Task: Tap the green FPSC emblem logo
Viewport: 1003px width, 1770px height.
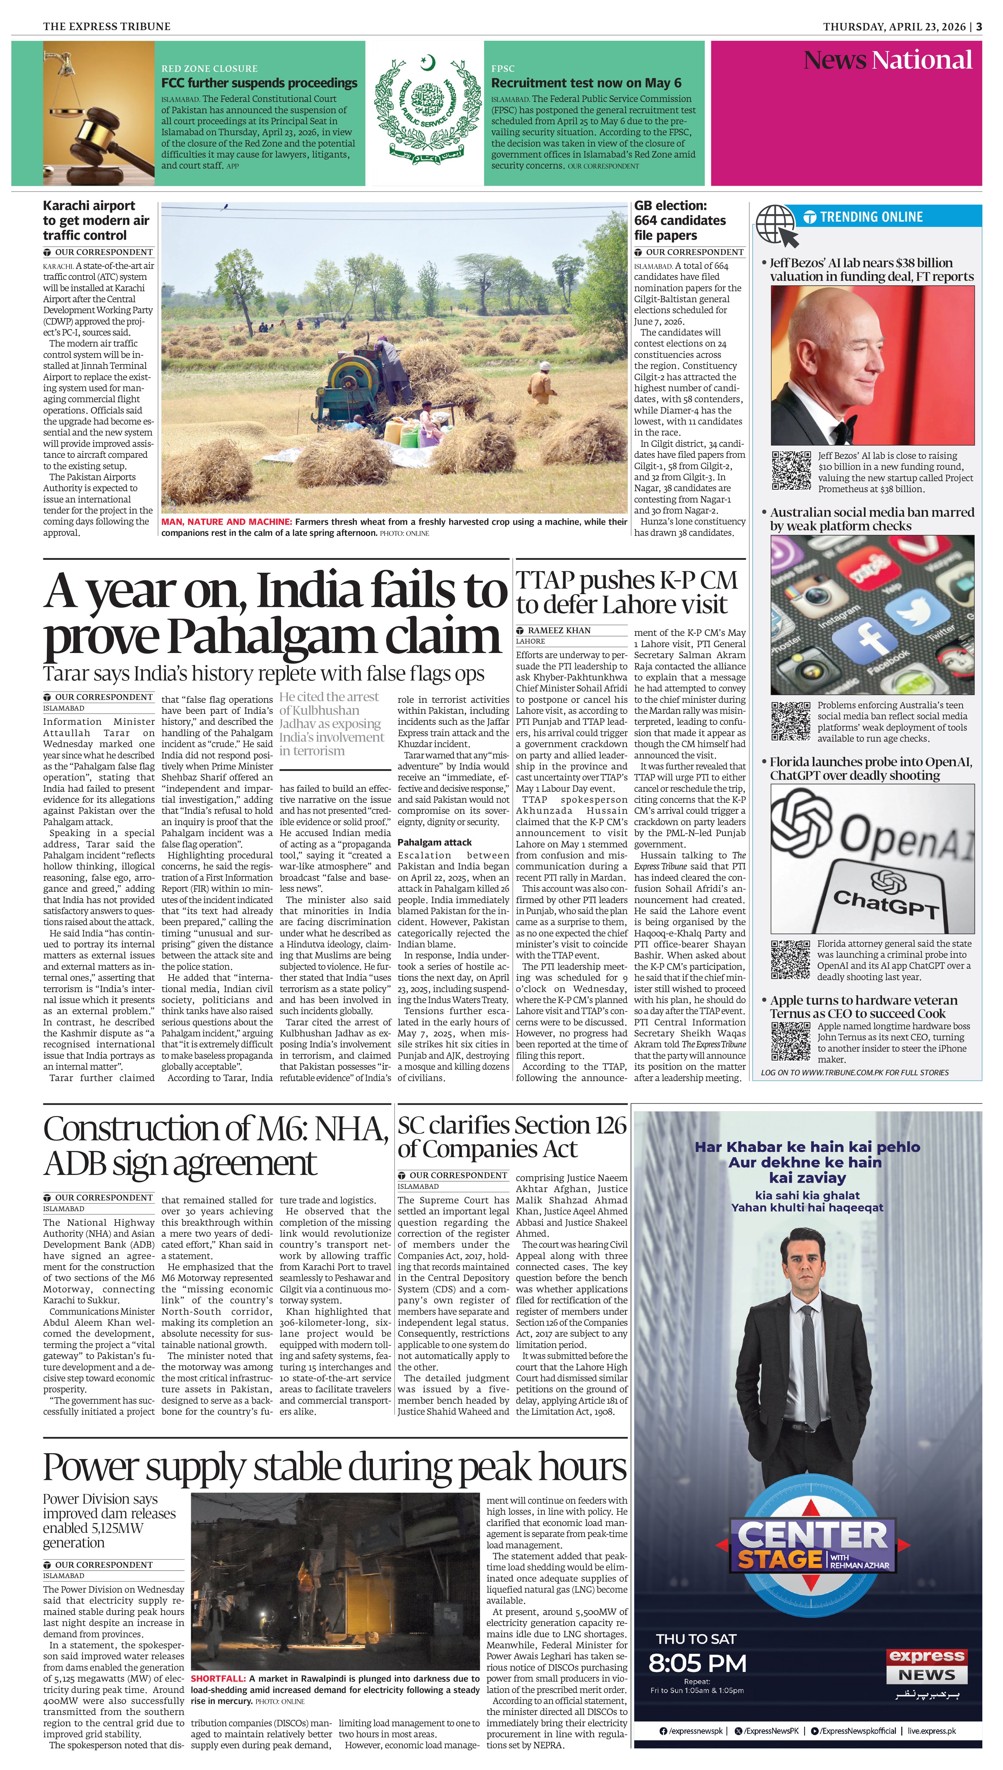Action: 424,110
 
